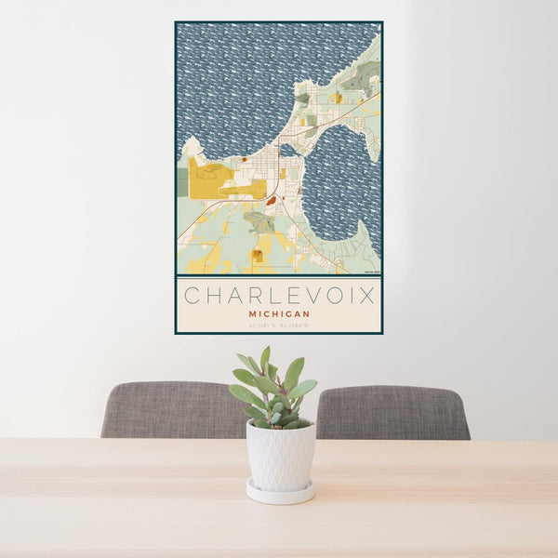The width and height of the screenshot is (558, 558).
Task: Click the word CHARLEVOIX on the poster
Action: (x=279, y=296)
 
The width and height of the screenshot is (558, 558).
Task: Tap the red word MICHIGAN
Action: (x=279, y=314)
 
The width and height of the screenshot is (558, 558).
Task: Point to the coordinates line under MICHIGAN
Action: (x=279, y=325)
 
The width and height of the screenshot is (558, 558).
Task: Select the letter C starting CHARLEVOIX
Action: (x=191, y=296)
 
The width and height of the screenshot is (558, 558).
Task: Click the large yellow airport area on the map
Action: (x=209, y=179)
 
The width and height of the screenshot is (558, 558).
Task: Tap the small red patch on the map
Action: (x=272, y=199)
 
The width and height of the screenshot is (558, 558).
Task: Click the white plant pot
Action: (x=280, y=456)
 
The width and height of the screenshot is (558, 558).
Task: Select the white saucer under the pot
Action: (x=280, y=492)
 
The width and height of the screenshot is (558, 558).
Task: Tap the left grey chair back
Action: (x=167, y=410)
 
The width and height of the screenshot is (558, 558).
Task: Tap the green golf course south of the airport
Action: (x=259, y=221)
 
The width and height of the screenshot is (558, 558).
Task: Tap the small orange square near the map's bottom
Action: (x=257, y=254)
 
